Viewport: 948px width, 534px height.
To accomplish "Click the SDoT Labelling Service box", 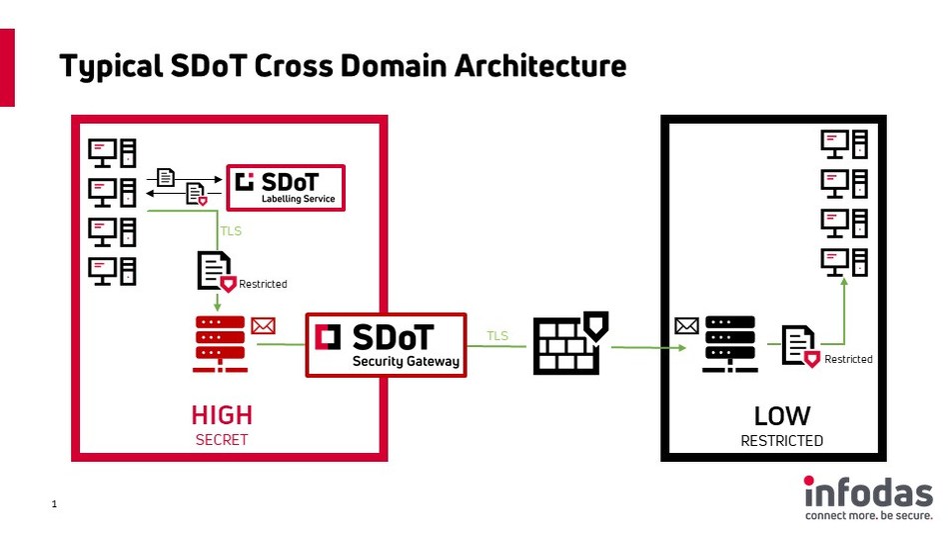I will pos(286,187).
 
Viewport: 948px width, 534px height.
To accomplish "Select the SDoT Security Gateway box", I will pos(385,345).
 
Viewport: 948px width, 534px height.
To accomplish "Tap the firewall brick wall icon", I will pos(565,345).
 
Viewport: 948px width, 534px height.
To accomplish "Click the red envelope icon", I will pos(263,325).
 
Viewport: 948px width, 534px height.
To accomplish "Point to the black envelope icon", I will pos(686,325).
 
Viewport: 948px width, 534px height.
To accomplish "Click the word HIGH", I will pos(222,415).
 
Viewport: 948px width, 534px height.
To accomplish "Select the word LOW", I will pos(782,415).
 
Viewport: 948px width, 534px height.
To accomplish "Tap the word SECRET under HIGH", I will pos(222,439).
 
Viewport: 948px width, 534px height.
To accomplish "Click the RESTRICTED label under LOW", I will pos(782,440).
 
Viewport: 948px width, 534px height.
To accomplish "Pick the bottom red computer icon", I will pos(112,270).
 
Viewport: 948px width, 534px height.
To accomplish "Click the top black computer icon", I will pos(843,144).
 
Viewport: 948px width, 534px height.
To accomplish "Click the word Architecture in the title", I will pos(540,66).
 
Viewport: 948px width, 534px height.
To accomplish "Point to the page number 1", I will pos(54,506).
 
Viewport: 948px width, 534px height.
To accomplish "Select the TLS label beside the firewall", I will pos(496,336).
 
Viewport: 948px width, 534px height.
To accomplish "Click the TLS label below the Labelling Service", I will pos(231,231).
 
